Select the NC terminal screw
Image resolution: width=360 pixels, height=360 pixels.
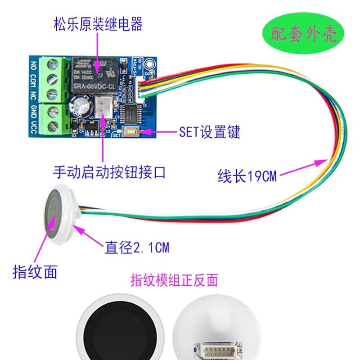52,94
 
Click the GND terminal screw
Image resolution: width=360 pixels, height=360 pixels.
52,110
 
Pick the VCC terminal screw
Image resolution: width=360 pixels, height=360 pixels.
53,125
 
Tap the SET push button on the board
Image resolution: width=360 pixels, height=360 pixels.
132,132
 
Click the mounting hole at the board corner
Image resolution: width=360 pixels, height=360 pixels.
152,73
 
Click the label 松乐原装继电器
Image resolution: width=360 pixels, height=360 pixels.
98,24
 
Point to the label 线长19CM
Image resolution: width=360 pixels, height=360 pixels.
247,176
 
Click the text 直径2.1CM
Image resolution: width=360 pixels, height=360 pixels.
137,247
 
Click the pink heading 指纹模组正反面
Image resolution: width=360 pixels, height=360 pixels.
174,280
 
